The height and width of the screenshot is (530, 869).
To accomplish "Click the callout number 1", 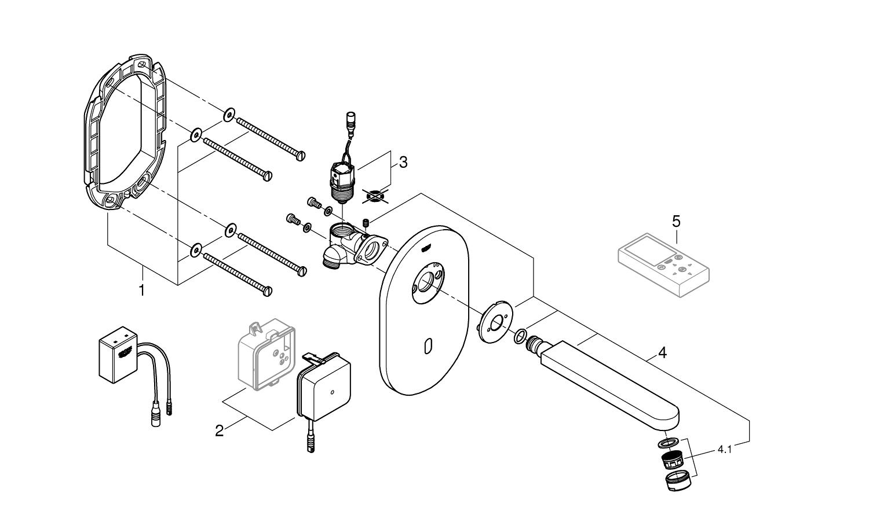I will point(142,289).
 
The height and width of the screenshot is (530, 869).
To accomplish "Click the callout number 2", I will point(219,430).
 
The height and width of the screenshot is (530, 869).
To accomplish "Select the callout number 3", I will point(403,162).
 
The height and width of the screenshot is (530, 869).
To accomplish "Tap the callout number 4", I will point(662,352).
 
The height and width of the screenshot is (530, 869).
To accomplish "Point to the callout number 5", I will point(676,221).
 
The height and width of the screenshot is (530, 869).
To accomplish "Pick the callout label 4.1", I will point(724,449).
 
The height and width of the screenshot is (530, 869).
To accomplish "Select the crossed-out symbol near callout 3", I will point(374,196).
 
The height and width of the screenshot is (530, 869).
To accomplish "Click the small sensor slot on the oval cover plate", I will point(428,347).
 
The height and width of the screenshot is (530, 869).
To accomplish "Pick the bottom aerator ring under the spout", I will point(676,480).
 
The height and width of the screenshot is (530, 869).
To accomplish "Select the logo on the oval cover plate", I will point(425,248).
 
